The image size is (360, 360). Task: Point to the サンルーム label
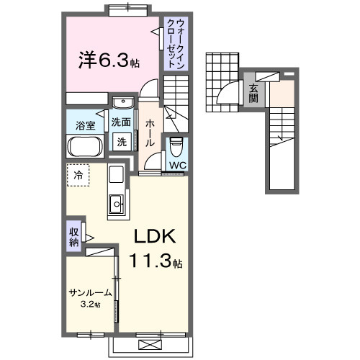(91, 293)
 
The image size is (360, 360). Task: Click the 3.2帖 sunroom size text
(91, 305)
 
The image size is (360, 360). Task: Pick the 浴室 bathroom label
(86, 125)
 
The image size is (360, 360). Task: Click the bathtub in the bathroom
(86, 148)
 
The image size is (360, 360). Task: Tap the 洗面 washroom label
(120, 122)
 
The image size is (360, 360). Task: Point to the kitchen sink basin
(115, 207)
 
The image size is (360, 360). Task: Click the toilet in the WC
(177, 148)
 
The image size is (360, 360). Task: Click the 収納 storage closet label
(74, 237)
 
